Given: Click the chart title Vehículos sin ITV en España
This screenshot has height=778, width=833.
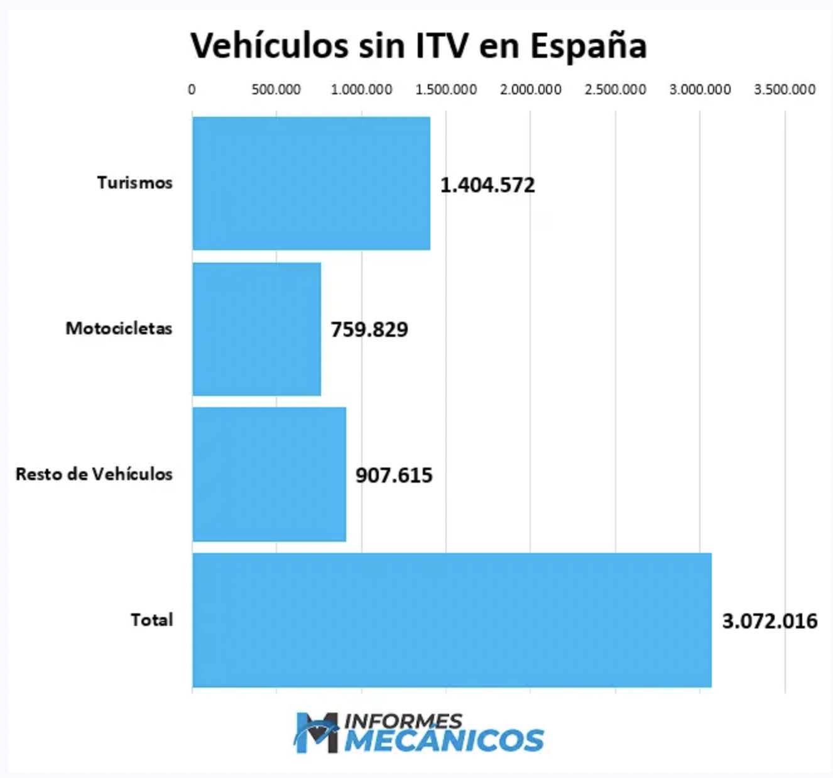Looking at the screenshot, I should click(418, 45).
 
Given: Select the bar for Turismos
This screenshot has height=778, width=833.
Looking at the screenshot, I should click(311, 183).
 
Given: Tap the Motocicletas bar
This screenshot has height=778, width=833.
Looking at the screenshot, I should click(256, 329).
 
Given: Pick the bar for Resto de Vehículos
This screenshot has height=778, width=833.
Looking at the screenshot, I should click(269, 474).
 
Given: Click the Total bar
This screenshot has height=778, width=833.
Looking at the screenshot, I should click(452, 620).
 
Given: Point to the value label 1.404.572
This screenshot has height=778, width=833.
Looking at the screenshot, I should click(487, 185).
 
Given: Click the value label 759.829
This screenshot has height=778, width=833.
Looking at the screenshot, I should click(369, 329).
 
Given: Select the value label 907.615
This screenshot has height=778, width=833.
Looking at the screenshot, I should click(394, 475).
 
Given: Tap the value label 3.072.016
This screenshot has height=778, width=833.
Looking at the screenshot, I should click(770, 621).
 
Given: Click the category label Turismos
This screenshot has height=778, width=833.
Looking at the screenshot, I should click(134, 183).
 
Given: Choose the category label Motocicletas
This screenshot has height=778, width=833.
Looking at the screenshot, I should click(119, 328).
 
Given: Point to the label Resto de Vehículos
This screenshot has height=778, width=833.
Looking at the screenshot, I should click(94, 474).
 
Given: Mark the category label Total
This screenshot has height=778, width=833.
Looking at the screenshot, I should click(151, 620).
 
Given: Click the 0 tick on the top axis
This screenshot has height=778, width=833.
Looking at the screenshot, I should click(192, 90).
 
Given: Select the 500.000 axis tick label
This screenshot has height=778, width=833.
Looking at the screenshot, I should click(276, 90).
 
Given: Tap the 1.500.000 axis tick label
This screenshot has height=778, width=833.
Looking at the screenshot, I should click(446, 90).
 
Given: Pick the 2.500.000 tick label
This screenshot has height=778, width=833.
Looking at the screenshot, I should click(616, 90).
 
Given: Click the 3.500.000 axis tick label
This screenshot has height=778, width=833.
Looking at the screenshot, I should click(785, 90).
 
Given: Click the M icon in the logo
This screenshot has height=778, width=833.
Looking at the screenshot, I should click(318, 732).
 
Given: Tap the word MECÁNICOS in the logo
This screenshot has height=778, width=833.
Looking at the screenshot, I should click(444, 740).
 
